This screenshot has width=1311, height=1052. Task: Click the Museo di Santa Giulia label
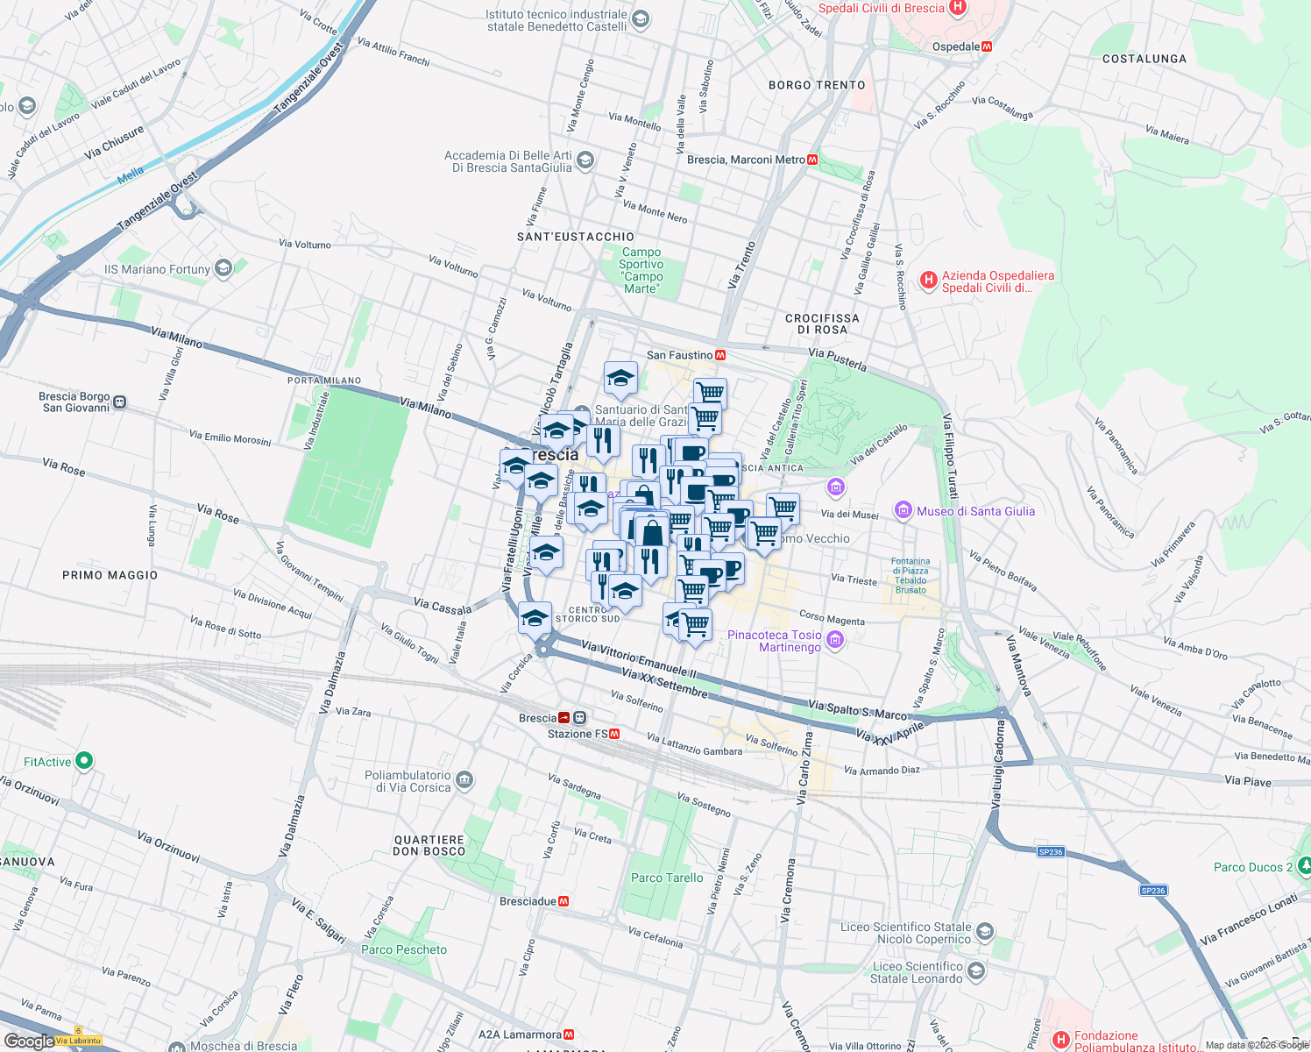click(x=975, y=511)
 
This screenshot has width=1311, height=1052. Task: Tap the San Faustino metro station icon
click(x=720, y=355)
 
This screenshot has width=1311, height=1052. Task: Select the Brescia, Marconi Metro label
click(x=746, y=160)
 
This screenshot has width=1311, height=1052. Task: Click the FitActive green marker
click(x=84, y=761)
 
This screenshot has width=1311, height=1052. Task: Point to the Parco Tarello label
click(x=667, y=878)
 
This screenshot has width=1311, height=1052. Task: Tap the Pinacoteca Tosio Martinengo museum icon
click(x=835, y=641)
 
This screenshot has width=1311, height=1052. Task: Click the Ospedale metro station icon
click(x=987, y=46)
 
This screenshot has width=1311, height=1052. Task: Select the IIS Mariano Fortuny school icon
click(x=223, y=268)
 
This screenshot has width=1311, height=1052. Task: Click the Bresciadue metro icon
click(x=563, y=901)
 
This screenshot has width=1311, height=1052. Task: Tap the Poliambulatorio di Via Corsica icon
click(x=464, y=780)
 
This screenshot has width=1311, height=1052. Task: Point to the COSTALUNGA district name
click(x=1144, y=59)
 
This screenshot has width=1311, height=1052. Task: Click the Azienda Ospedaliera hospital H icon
click(x=928, y=281)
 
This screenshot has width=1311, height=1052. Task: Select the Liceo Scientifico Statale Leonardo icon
click(x=976, y=971)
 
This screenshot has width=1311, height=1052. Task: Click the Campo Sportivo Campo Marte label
click(x=641, y=270)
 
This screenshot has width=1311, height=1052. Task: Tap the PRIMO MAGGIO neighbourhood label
click(x=110, y=575)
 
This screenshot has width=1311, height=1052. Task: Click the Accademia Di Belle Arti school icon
click(x=585, y=160)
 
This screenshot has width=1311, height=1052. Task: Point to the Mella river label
click(x=131, y=174)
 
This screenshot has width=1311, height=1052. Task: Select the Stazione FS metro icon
click(x=614, y=734)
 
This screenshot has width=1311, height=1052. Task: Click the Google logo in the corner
click(x=28, y=1041)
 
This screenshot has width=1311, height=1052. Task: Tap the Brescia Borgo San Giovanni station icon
click(x=120, y=402)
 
